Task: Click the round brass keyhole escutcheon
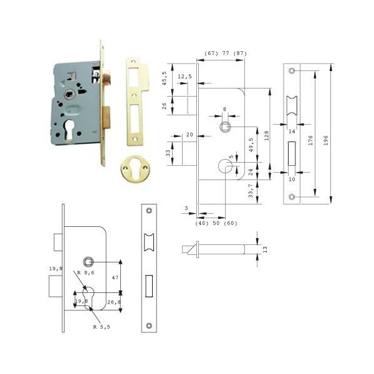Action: (135, 169)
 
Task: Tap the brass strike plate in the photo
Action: (137, 102)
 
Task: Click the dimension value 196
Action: (326, 140)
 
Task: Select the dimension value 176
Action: (310, 140)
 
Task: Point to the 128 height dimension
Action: (266, 135)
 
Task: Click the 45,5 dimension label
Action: (165, 79)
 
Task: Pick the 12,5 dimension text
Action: (185, 77)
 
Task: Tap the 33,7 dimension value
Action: (251, 191)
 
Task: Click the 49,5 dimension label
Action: (251, 145)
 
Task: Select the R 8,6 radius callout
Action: (85, 272)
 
